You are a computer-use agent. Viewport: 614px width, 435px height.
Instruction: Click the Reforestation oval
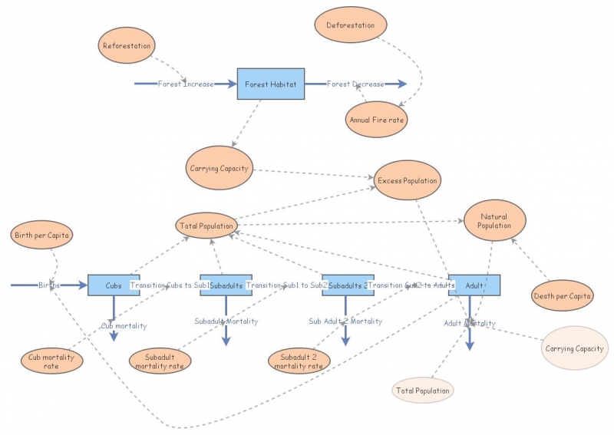coord(127,46)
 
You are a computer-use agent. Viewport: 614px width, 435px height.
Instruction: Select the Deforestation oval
coord(351,25)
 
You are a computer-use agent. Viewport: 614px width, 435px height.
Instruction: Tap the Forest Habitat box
coord(270,84)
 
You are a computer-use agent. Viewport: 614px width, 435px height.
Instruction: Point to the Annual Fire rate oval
coord(376,120)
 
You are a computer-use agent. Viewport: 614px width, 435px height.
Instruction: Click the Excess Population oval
coord(407,181)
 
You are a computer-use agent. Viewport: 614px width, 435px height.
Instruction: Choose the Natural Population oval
coord(494,222)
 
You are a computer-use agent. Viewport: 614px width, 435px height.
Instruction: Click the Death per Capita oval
coord(562,295)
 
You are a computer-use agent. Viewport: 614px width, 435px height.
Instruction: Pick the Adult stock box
coord(474,285)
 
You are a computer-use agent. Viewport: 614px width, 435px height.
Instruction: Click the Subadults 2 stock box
coord(347,285)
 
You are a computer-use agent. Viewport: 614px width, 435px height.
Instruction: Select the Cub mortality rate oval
coord(51,361)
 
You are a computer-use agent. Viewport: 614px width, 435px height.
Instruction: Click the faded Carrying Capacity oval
coord(574,348)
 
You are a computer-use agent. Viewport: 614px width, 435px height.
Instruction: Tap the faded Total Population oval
coord(422,391)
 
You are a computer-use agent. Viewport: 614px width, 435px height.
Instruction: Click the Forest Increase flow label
coord(186,84)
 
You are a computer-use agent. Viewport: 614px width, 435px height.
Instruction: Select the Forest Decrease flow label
coord(355,84)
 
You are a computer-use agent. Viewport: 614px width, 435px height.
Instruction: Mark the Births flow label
coord(49,285)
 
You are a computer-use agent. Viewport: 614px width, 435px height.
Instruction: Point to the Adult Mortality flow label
coord(470,323)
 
